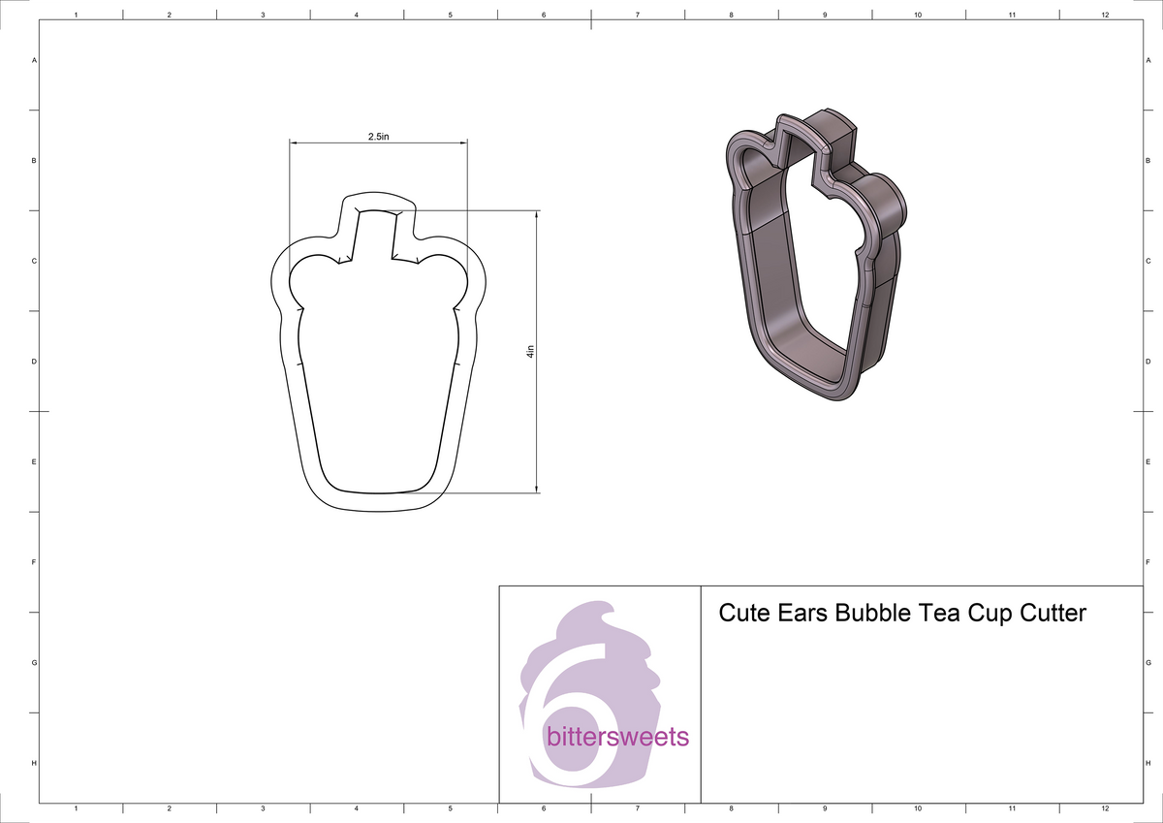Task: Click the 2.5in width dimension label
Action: pyautogui.click(x=378, y=137)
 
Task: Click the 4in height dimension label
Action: pyautogui.click(x=530, y=353)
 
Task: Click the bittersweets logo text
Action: pyautogui.click(x=618, y=738)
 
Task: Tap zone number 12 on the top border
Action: pyautogui.click(x=1105, y=16)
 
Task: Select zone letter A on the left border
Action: pyautogui.click(x=35, y=60)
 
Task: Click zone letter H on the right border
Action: pyautogui.click(x=1147, y=763)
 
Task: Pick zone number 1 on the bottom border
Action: pyautogui.click(x=76, y=807)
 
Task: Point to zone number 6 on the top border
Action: pyautogui.click(x=544, y=16)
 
